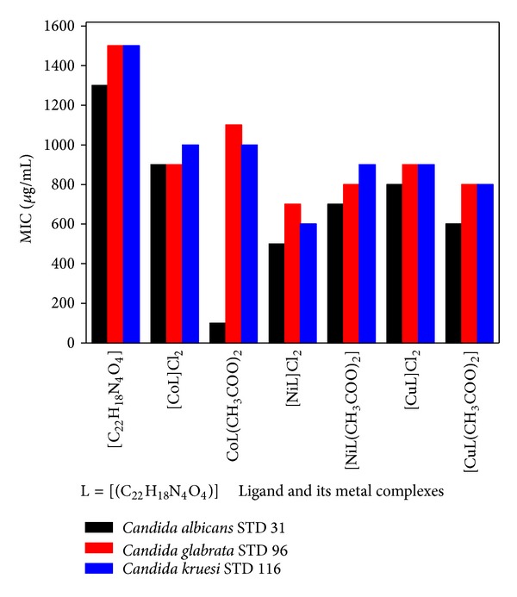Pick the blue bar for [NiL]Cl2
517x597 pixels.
coord(308,283)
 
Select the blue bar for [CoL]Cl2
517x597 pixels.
coord(190,244)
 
